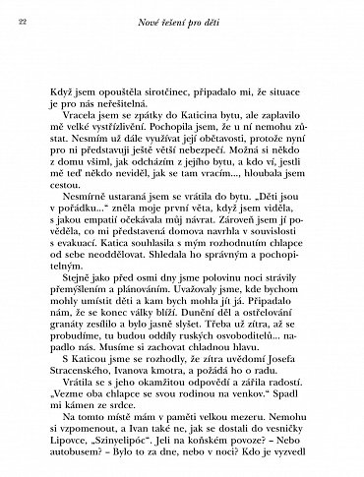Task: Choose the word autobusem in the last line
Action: pyautogui.click(x=69, y=471)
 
